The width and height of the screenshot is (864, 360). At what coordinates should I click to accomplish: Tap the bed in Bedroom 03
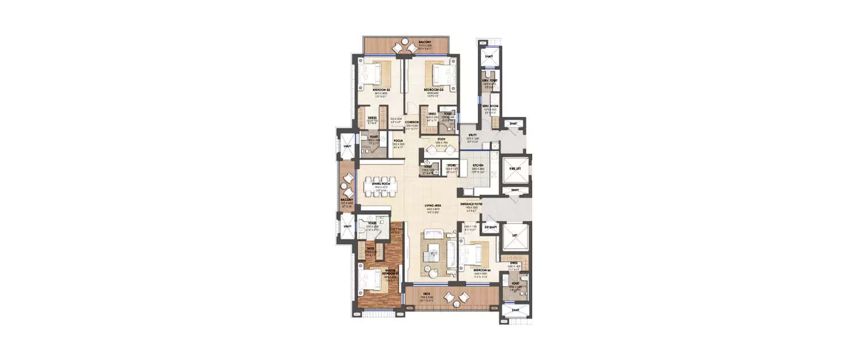point(436,74)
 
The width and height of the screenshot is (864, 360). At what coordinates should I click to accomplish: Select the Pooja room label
point(397,140)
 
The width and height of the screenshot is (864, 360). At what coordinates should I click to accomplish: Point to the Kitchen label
point(478,165)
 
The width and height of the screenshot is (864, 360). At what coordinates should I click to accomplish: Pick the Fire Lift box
point(514,169)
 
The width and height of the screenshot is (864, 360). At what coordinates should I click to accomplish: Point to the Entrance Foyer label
point(471,204)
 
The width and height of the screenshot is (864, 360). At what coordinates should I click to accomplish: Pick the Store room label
point(452,165)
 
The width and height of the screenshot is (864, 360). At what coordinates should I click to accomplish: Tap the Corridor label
point(411,123)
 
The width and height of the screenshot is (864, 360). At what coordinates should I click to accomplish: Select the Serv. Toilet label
point(490,81)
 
